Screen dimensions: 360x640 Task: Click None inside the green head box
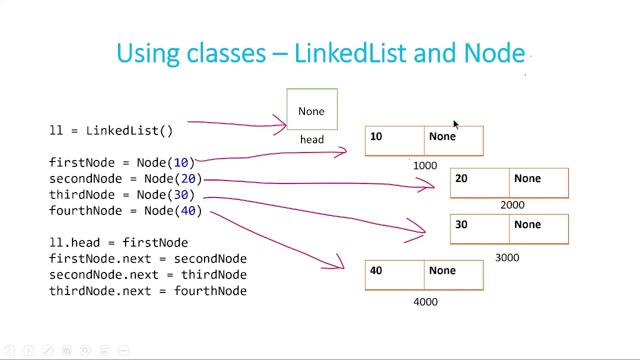311,111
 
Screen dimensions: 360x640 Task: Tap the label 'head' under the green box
311,140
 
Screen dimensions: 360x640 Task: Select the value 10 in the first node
376,137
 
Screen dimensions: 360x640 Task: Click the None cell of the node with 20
527,178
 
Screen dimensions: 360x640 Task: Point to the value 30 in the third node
461,224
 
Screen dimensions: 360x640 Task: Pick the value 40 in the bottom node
376,270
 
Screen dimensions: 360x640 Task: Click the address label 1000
424,165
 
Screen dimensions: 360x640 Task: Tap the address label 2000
512,205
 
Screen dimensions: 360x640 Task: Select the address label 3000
507,257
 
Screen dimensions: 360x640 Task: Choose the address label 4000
425,302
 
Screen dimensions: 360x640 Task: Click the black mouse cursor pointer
455,124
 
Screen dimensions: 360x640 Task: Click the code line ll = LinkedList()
111,130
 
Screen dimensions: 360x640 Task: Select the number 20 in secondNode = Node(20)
188,178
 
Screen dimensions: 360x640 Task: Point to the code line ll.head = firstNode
118,242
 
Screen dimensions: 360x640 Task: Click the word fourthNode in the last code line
210,290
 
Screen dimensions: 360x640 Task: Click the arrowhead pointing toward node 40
340,265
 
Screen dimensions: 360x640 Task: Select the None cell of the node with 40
442,270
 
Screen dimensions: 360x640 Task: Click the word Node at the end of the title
494,53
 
